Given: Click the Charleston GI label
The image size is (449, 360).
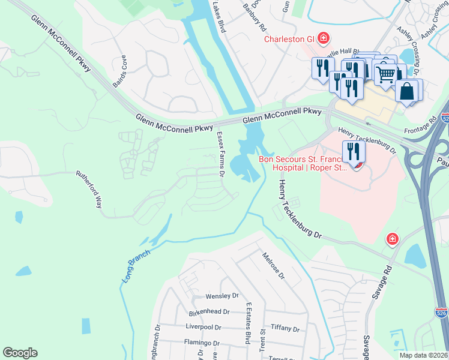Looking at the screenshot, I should click(290, 40).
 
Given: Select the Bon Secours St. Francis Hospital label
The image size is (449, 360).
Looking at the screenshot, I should click(303, 163).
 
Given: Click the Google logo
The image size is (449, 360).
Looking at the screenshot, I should click(20, 353).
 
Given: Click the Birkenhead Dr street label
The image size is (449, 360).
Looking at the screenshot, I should click(209, 312).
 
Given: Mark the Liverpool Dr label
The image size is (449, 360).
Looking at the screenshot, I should click(205, 328).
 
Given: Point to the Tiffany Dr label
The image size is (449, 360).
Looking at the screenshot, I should click(285, 328).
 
